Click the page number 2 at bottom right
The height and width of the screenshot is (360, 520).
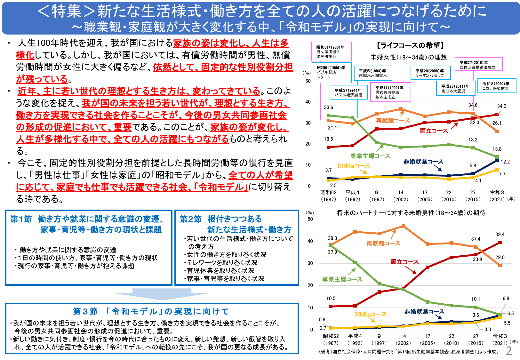509,351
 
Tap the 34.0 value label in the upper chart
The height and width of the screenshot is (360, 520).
501,106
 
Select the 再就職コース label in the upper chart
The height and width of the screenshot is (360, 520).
393,121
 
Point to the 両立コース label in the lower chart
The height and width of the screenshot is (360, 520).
404,262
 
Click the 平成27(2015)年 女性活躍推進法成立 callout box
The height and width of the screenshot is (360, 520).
478,64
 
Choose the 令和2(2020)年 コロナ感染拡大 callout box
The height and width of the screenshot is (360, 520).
497,86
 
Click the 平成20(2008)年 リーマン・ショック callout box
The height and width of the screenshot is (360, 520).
430,73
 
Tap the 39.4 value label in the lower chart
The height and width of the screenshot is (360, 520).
500,234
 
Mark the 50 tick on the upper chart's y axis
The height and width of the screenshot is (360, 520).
308,81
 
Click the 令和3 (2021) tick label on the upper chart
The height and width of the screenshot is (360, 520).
497,196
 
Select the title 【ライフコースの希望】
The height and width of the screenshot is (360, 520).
410,45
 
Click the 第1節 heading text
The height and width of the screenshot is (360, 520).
21,219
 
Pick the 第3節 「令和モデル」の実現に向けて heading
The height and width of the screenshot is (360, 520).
151,311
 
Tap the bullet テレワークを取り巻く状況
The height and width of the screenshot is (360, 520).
222,262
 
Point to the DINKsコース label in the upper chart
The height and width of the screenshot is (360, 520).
354,166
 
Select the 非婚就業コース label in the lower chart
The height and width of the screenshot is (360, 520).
424,311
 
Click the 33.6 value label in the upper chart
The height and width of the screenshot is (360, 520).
328,107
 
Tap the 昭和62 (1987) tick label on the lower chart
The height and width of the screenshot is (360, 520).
331,339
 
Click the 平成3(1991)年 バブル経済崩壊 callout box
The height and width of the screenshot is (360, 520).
348,92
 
